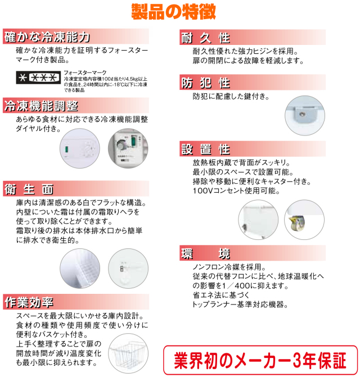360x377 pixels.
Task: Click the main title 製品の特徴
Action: pos(181,12)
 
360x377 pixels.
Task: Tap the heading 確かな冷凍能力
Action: pos(47,38)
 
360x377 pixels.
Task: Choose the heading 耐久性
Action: pos(205,38)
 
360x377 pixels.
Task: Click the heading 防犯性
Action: pos(205,83)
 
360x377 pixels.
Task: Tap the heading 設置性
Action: pos(205,149)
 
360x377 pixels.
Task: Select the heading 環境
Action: pos(205,253)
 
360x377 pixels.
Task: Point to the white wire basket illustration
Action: pos(127,352)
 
